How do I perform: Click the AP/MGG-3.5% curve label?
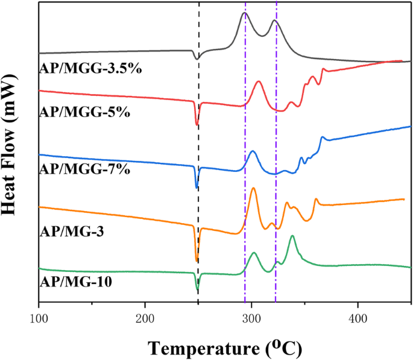coord(90,69)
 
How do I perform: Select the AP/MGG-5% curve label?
coord(84,112)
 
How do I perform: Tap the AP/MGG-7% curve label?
coord(84,170)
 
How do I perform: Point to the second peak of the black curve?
coord(274,21)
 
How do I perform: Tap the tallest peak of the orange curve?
coord(253,188)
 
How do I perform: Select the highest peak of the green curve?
coord(292,236)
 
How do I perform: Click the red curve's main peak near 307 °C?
coord(259,81)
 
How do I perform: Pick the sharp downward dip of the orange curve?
coord(197,261)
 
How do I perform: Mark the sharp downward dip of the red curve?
coord(197,124)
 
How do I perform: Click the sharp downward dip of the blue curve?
coord(197,188)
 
